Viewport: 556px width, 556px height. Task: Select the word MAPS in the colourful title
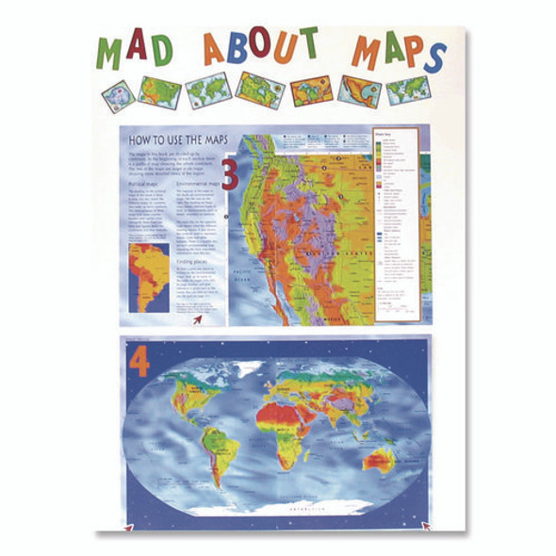point(396,51)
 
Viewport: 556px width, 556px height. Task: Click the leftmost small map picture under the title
point(119,93)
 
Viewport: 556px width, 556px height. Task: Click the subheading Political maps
point(145,184)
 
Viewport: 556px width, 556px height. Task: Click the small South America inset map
point(147,277)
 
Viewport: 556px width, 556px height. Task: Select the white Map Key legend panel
point(395,226)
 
